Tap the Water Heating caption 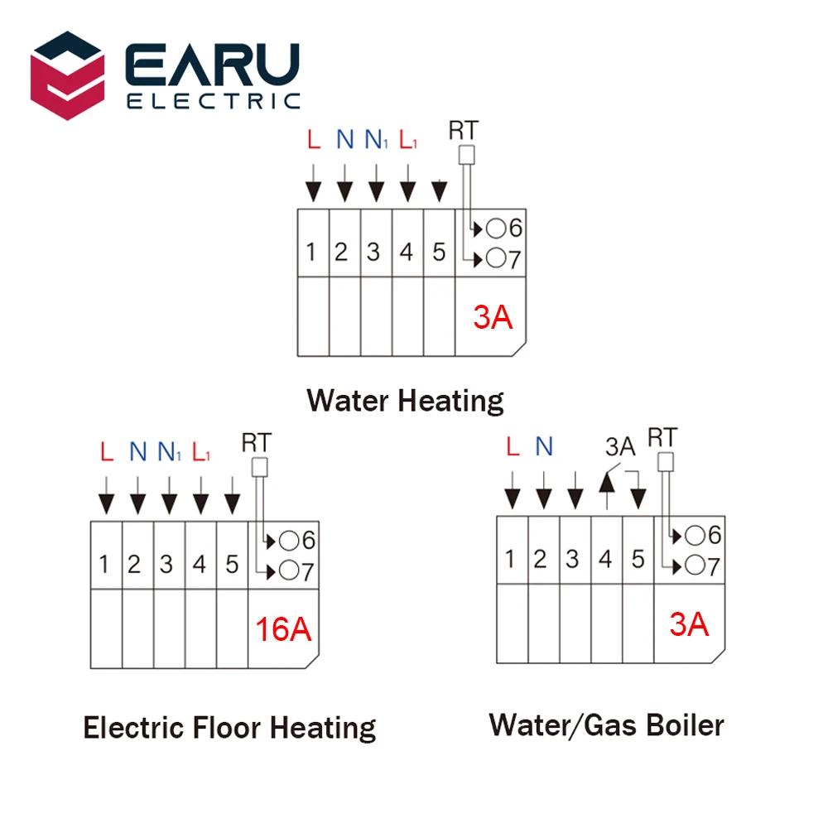click(x=405, y=401)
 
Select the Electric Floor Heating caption click(x=229, y=728)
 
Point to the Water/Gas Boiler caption click(x=606, y=725)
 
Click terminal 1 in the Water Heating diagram click(x=311, y=252)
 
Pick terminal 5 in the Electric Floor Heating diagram click(x=232, y=565)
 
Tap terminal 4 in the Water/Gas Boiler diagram click(x=605, y=560)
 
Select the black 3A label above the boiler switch click(x=619, y=448)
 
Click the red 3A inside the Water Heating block click(x=493, y=317)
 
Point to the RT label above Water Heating click(x=463, y=130)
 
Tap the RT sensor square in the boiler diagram click(x=666, y=462)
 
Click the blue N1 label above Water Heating click(x=375, y=140)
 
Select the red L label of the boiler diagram click(x=512, y=448)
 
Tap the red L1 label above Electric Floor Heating click(x=200, y=453)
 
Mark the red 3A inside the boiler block click(x=689, y=625)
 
